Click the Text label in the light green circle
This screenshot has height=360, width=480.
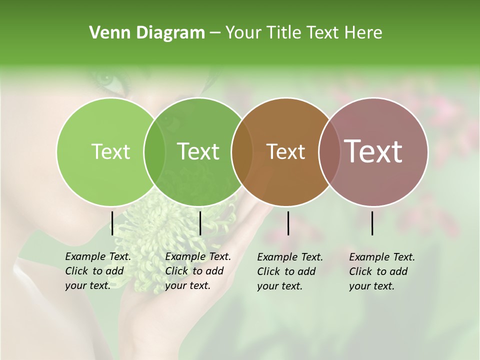tap(110, 151)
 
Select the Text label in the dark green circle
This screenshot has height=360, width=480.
tap(198, 151)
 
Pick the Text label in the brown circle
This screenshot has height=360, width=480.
tap(285, 151)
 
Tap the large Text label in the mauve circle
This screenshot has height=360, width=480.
tap(373, 151)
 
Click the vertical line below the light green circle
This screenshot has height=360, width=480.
tap(112, 223)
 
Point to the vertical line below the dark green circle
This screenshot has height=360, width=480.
tap(200, 223)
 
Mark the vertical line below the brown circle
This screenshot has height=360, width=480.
tap(288, 223)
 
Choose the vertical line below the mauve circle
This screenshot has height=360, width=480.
tap(372, 223)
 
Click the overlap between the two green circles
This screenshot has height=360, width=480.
tap(154, 151)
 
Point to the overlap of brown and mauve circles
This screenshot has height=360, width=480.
tap(329, 151)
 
